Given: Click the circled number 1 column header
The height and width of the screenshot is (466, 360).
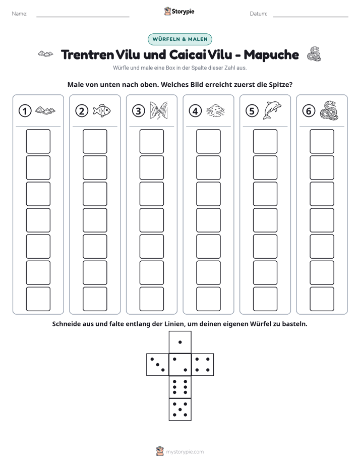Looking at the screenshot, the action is [x=25, y=111].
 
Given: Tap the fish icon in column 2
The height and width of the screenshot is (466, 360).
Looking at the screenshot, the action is [x=101, y=110].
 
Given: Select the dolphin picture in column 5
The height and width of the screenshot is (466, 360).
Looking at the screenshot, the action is [x=272, y=110].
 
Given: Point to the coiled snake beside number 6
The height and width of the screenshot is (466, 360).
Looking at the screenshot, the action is [x=329, y=110].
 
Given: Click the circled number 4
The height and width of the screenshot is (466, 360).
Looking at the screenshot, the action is [x=195, y=111].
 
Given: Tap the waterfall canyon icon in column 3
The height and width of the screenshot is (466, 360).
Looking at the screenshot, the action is [x=159, y=110].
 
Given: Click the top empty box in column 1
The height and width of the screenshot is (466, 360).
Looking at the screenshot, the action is [x=38, y=141].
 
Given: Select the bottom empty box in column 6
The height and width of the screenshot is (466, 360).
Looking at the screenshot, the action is [x=322, y=299].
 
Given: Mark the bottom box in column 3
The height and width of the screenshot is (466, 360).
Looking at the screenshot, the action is [x=151, y=299].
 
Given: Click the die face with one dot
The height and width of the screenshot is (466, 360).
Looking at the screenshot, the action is [x=180, y=342].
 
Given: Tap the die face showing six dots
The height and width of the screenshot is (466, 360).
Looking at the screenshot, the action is [x=180, y=387].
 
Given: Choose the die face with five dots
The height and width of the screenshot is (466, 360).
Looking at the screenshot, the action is [x=180, y=410].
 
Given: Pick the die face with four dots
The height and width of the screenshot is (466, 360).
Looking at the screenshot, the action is [x=203, y=365].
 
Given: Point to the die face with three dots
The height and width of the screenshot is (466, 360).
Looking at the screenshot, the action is [x=158, y=365].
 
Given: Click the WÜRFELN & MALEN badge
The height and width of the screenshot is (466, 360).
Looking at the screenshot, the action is [x=180, y=39].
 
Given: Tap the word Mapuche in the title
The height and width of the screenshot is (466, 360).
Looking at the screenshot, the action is [x=271, y=55].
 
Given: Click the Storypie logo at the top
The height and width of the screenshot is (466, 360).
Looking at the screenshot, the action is [x=179, y=12].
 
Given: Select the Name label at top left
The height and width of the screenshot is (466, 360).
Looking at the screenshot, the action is [x=20, y=14].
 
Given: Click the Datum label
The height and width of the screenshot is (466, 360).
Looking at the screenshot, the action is [x=259, y=14].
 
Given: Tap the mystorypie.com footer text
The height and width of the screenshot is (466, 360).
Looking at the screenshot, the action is [x=185, y=452].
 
